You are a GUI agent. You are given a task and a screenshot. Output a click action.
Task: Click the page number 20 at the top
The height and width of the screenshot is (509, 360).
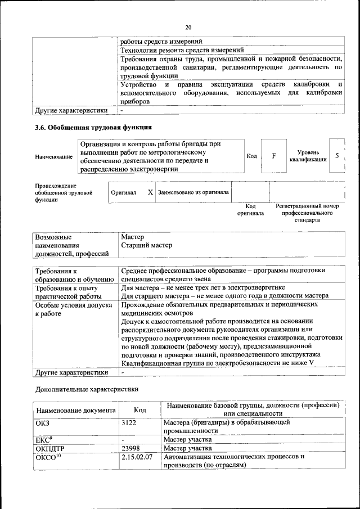[188, 27]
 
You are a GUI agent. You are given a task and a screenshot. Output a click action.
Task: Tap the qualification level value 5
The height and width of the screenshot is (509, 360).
[336, 155]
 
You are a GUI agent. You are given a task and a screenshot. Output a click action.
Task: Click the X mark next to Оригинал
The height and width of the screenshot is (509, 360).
[150, 192]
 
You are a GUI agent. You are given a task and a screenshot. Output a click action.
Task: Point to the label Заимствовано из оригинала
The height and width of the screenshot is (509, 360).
[193, 192]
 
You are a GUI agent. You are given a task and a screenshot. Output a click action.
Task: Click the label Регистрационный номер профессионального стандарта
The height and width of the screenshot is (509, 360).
[307, 213]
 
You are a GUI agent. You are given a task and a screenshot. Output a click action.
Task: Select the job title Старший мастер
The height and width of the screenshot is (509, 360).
[146, 245]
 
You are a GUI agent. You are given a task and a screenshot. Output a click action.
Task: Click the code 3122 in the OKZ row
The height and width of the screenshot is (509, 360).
[129, 421]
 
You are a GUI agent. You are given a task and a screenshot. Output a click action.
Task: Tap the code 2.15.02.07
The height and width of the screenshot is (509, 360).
[137, 457]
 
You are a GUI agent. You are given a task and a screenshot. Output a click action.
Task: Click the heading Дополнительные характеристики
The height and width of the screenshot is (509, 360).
[86, 388]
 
